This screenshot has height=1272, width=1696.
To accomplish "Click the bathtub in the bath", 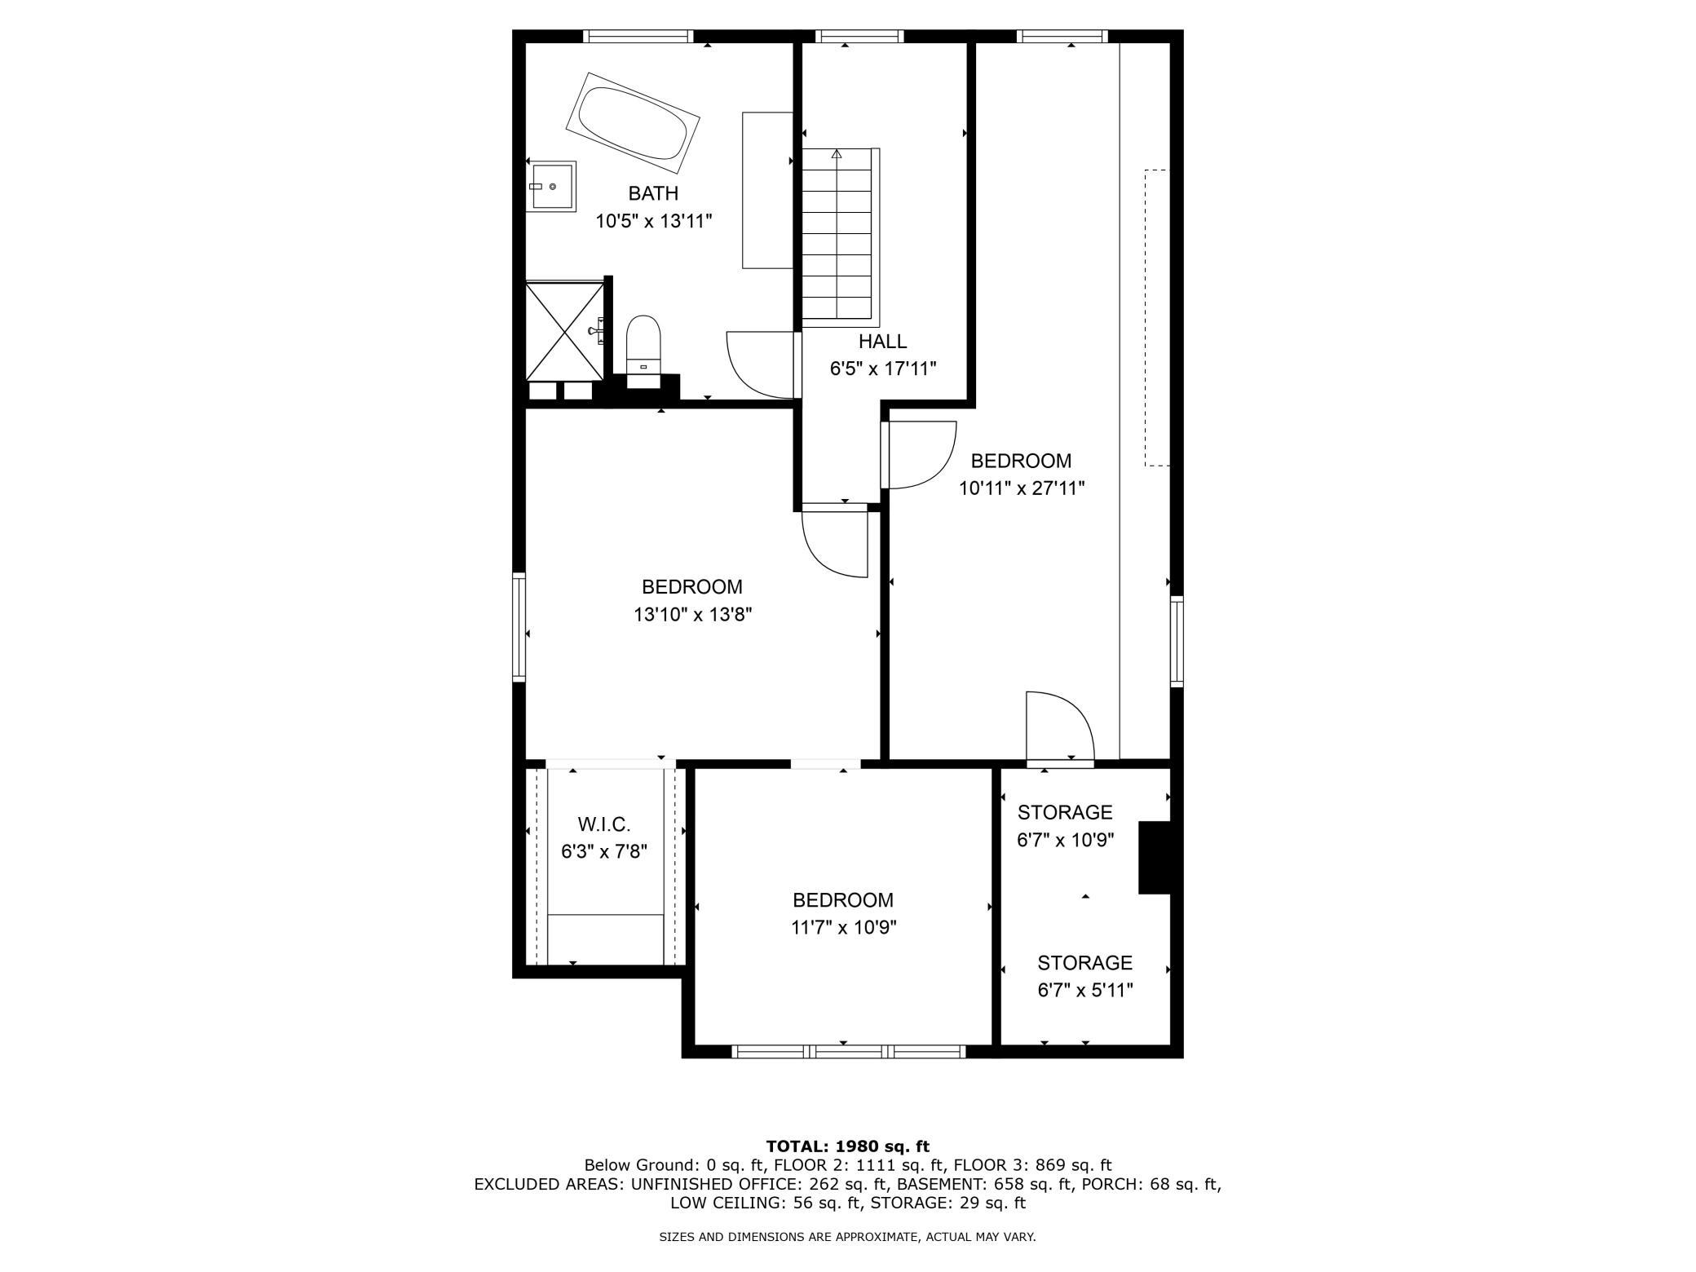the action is pos(633,123).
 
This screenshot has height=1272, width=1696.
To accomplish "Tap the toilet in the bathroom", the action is pos(643,346).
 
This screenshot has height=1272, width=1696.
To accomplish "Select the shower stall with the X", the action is pos(563,330).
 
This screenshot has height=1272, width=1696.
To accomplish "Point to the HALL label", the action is pos(882,342).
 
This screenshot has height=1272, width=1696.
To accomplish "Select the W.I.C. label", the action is pos(604,824).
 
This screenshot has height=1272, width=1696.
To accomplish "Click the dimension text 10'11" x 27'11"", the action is pos(1022,488).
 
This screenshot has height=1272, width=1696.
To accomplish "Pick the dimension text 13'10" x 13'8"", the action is pos(692,614).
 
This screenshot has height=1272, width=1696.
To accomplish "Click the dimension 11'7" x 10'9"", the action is pos(843,927).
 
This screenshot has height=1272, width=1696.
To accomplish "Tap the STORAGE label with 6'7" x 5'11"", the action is pos(1084,963).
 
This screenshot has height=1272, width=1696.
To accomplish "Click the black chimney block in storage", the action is pos(1155,859).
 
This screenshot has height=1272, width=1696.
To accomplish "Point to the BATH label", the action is pos(653,193).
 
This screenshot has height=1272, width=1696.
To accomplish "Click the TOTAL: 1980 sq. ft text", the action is pos(848,1146).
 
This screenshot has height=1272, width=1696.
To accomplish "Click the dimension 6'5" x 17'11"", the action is pos(883,369).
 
